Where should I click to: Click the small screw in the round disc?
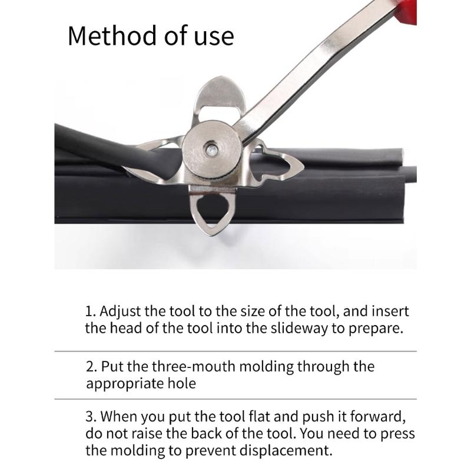(211, 149)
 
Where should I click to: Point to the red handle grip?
(407, 11)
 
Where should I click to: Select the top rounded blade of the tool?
(221, 94)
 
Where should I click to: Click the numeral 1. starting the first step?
(90, 311)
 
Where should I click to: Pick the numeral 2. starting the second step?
(91, 367)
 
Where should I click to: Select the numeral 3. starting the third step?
(91, 417)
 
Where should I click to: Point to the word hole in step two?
(182, 383)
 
